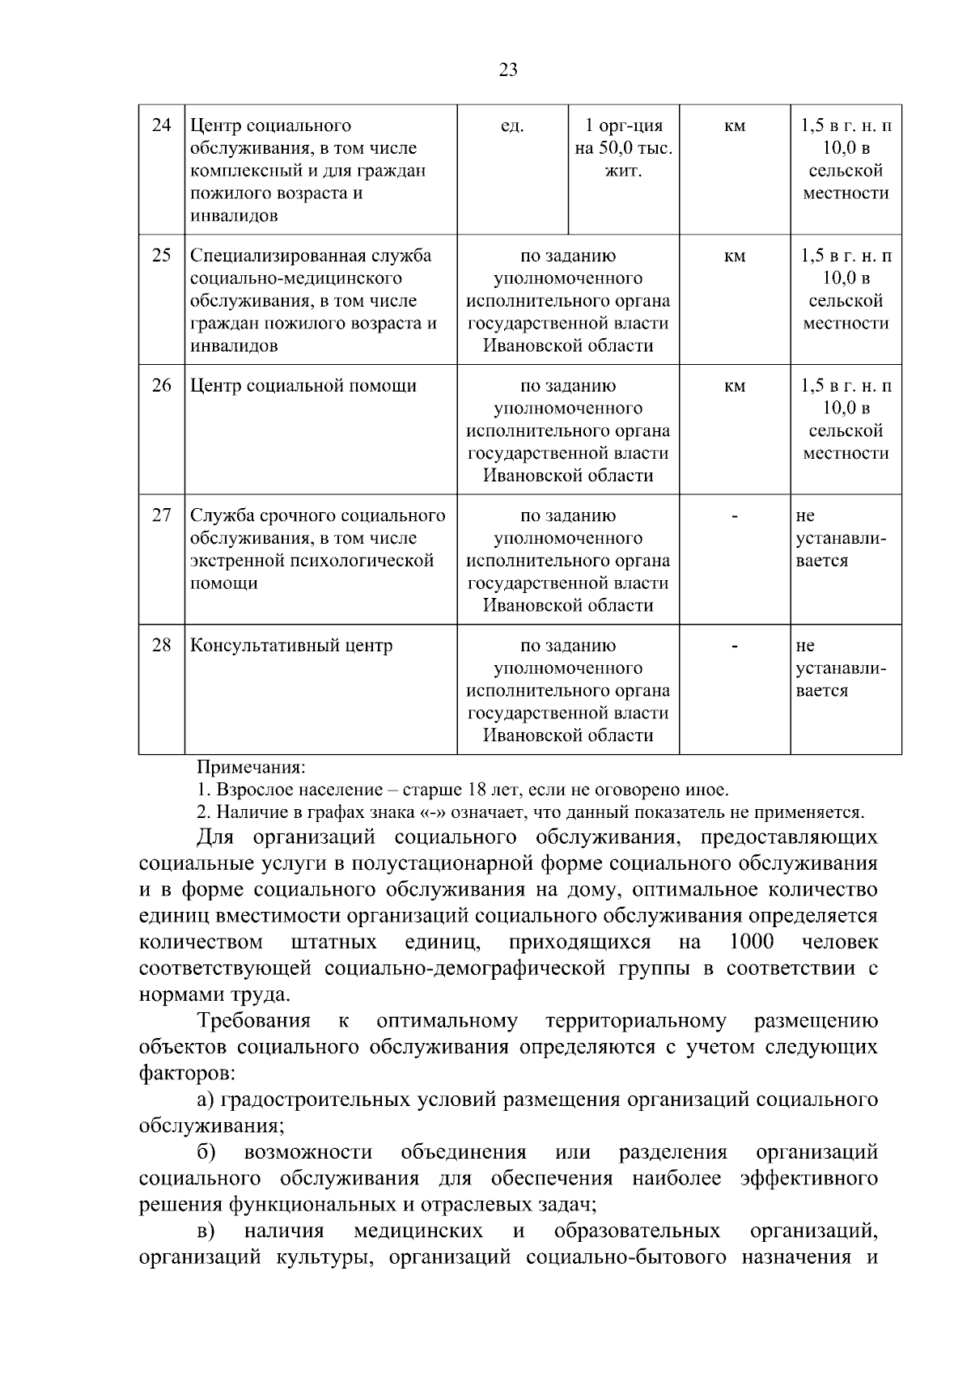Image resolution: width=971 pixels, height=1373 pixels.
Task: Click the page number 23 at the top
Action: coord(508,70)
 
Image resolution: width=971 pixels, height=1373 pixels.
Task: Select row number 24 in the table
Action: coord(162,125)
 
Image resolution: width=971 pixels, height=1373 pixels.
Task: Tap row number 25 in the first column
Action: coord(162,256)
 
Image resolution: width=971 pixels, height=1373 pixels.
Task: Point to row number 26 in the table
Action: coord(162,386)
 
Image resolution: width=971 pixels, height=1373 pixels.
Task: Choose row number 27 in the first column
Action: coord(162,515)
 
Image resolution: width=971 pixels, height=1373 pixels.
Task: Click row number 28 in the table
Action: coord(162,646)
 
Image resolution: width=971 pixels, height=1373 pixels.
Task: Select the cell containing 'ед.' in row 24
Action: coord(513,126)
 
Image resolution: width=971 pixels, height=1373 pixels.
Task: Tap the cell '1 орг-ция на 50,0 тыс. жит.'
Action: coord(624,149)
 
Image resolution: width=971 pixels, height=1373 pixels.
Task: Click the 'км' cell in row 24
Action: coord(735,126)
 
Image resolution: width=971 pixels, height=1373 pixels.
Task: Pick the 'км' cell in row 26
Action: coord(735,386)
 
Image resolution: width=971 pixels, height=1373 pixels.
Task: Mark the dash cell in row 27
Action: coord(735,515)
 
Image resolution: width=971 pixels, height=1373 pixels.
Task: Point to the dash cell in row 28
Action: coord(735,646)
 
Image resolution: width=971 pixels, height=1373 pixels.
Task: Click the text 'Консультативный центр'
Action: coord(291,646)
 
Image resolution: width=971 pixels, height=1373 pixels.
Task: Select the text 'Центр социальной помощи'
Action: coord(303,386)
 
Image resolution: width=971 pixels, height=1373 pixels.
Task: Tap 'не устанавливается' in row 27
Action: coord(842,538)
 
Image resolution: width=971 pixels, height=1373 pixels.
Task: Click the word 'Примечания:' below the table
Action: coord(252,766)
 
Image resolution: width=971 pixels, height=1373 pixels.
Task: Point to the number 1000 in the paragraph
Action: coord(751,942)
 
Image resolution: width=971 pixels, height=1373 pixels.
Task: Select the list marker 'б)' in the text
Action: coord(206,1151)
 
